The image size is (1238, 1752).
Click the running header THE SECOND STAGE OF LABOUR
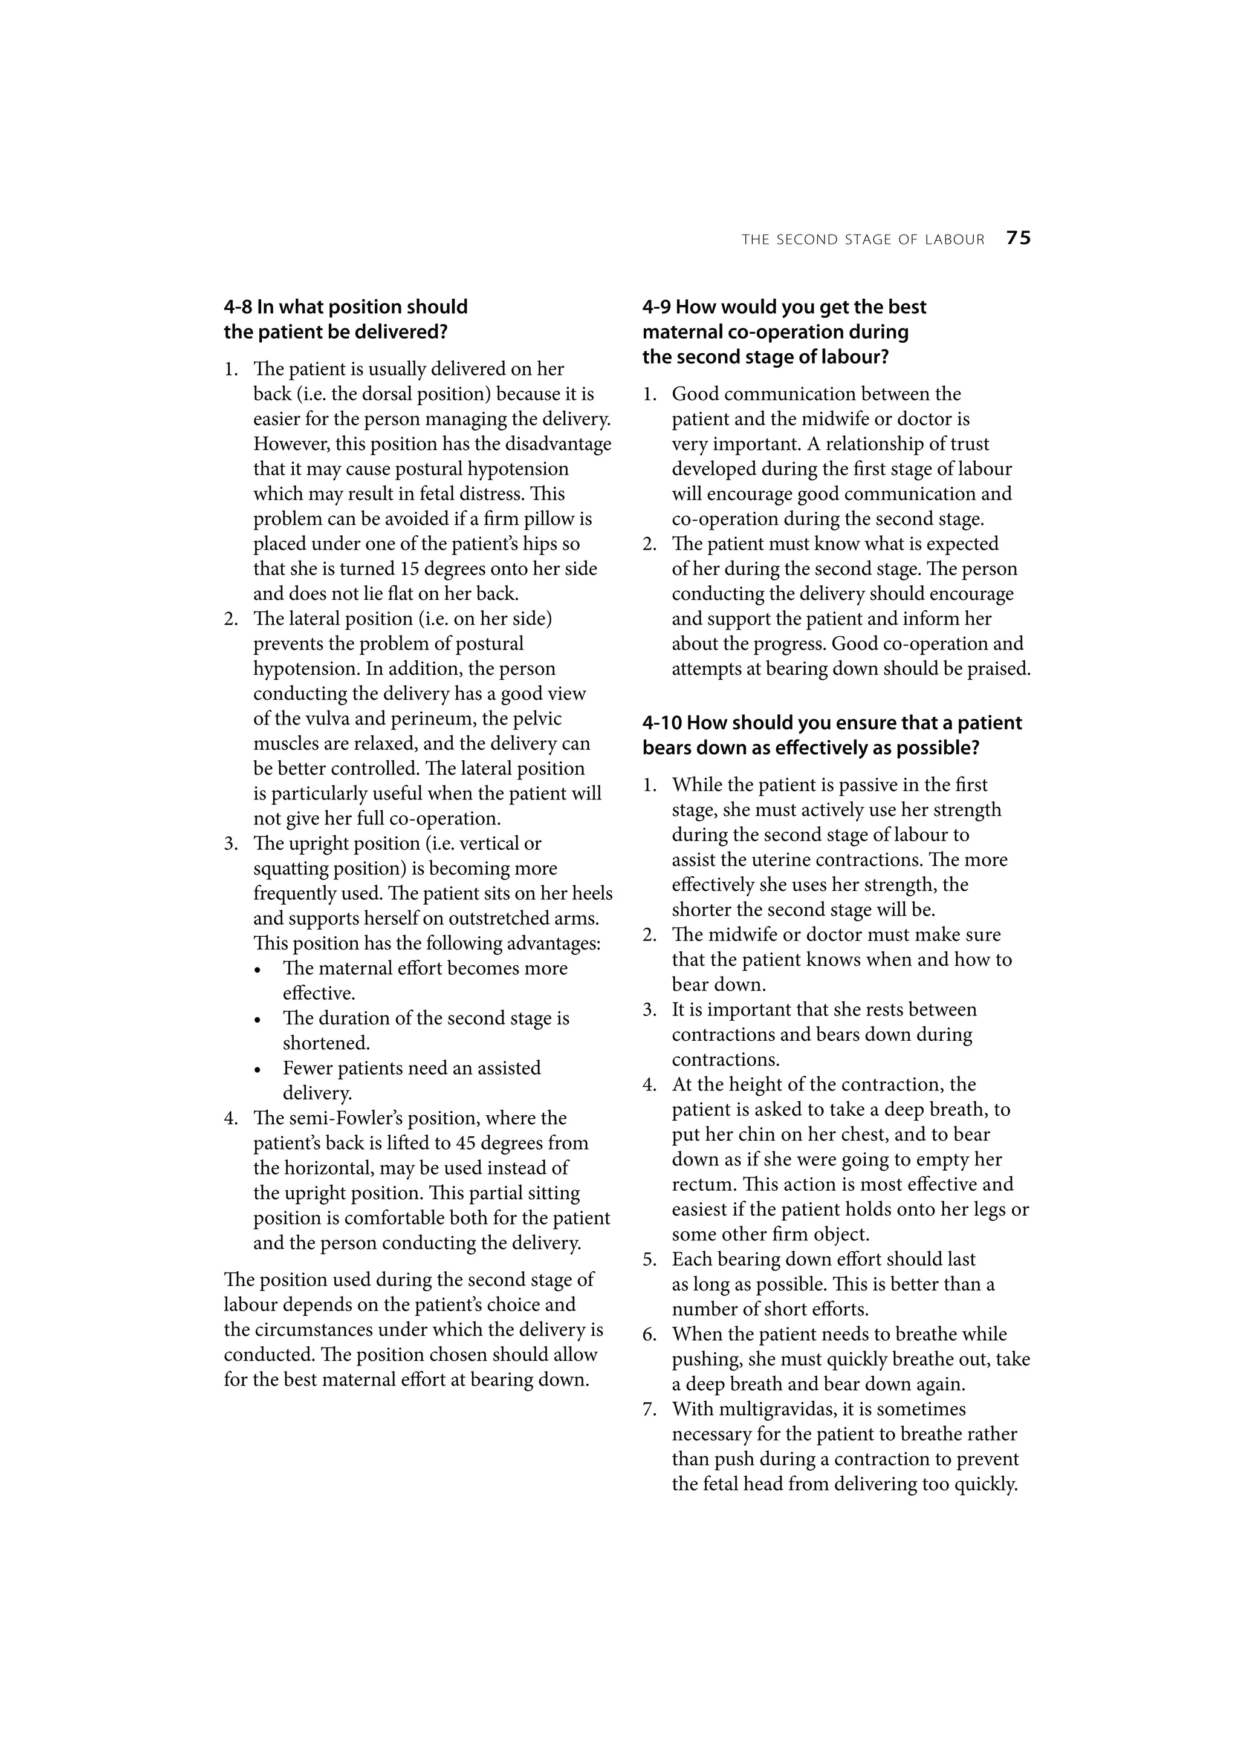click(863, 239)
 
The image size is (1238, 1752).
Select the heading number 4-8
click(238, 307)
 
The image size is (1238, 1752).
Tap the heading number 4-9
click(656, 307)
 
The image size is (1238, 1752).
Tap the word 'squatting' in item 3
click(291, 869)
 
